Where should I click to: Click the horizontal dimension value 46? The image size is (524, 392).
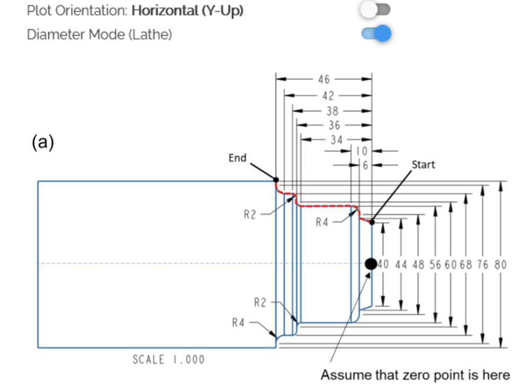(324, 79)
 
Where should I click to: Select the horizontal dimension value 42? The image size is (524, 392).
(328, 96)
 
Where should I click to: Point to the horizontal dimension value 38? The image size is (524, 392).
(333, 111)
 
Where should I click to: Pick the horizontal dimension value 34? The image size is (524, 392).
(336, 140)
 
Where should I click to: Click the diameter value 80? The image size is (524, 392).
(501, 264)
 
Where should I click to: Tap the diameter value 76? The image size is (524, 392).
(483, 264)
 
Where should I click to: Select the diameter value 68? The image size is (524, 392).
(465, 264)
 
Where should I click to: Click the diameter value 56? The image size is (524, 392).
(435, 264)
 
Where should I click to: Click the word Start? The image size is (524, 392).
(423, 165)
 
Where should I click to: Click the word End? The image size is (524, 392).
(238, 158)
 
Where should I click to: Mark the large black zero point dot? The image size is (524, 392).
(371, 263)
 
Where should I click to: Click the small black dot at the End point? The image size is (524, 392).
(276, 180)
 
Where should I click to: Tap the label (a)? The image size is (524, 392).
(43, 141)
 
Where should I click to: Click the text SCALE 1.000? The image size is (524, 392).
(169, 360)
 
